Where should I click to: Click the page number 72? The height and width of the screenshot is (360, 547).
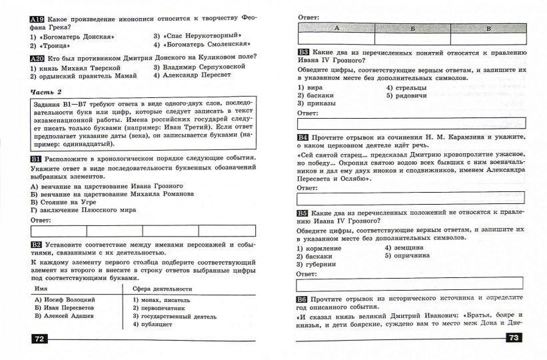[38, 339]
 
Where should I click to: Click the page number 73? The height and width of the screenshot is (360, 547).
[514, 339]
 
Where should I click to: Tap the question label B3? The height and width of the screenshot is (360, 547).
[303, 52]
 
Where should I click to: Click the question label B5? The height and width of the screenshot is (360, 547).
[303, 213]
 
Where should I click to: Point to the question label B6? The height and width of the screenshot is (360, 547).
[303, 298]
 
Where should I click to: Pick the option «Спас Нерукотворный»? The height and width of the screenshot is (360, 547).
[201, 35]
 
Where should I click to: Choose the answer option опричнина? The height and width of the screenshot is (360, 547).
[410, 255]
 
